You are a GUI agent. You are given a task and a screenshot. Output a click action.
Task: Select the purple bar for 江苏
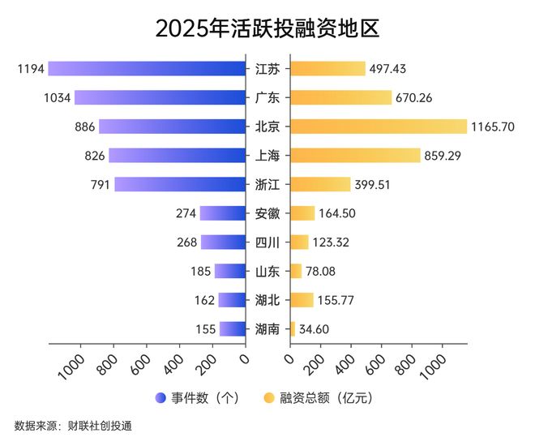coord(147,68)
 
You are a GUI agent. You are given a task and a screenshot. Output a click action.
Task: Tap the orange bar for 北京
coord(379,127)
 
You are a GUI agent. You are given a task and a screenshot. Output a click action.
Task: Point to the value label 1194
coord(30,68)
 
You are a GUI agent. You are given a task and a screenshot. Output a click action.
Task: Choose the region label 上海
coord(267,156)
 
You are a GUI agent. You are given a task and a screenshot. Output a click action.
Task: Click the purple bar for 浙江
coord(180,184)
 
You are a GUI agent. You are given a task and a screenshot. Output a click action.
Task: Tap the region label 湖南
coord(267,329)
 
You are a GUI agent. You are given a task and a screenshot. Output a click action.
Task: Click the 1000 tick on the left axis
coord(71,365)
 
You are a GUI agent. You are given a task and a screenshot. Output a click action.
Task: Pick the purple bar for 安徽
coord(223,213)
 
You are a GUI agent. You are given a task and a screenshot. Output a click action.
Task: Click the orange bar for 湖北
coord(302,300)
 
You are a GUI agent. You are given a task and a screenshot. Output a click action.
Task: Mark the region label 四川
coord(267,242)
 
